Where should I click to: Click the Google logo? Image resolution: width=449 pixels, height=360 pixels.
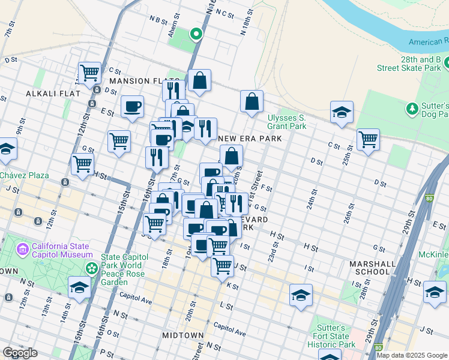[x=20, y=353]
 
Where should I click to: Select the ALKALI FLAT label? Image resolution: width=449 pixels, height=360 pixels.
[x=49, y=94]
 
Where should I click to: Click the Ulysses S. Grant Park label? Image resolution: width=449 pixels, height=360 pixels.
[x=286, y=122]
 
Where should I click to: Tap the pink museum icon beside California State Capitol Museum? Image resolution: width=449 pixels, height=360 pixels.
[x=23, y=248]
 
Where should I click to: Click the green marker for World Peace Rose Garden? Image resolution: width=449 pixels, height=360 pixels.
[x=91, y=267]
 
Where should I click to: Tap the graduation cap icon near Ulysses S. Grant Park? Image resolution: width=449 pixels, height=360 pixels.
[x=342, y=112]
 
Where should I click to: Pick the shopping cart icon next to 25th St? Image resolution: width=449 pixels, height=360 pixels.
[x=368, y=139]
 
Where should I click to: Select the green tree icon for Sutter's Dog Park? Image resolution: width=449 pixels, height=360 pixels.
[x=412, y=109]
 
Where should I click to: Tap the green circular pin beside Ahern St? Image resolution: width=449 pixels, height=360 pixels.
[x=195, y=34]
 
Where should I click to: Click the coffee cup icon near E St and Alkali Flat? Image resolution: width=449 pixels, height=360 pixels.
[x=132, y=107]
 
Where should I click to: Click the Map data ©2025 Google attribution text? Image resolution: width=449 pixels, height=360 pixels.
[x=412, y=355]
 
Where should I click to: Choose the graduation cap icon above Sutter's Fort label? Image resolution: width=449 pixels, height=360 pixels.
[x=301, y=295]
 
